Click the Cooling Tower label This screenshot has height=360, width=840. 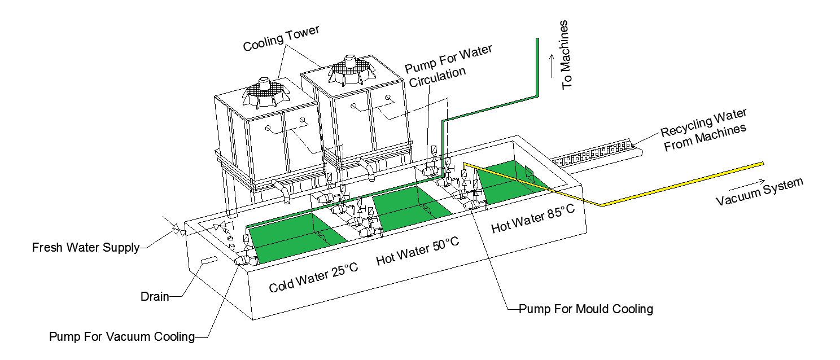pos(281,38)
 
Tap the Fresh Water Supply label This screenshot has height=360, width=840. pos(85,247)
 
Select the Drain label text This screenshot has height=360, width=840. pos(154,296)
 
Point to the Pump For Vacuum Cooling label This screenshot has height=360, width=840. pos(121,337)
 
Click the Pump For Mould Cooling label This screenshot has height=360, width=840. pos(585,309)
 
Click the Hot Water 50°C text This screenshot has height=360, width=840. pos(417,251)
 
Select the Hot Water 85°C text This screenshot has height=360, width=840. pos(532,218)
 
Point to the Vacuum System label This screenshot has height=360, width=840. pos(759,192)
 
